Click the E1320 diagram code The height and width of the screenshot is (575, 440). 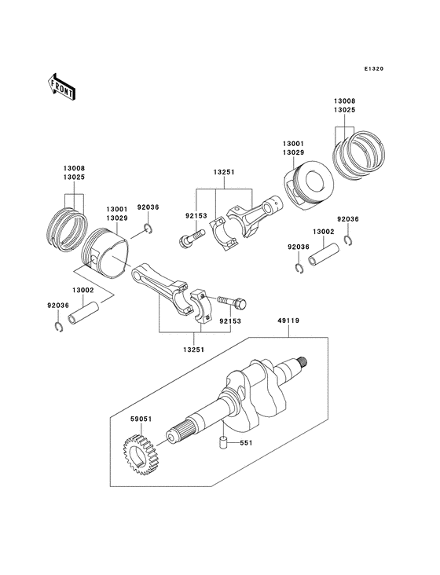pyautogui.click(x=373, y=68)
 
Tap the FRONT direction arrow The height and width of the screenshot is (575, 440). pyautogui.click(x=62, y=85)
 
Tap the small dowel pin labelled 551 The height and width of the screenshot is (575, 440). pyautogui.click(x=222, y=443)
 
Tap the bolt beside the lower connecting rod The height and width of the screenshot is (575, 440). pyautogui.click(x=231, y=302)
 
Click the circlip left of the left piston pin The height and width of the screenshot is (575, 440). pyautogui.click(x=61, y=328)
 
